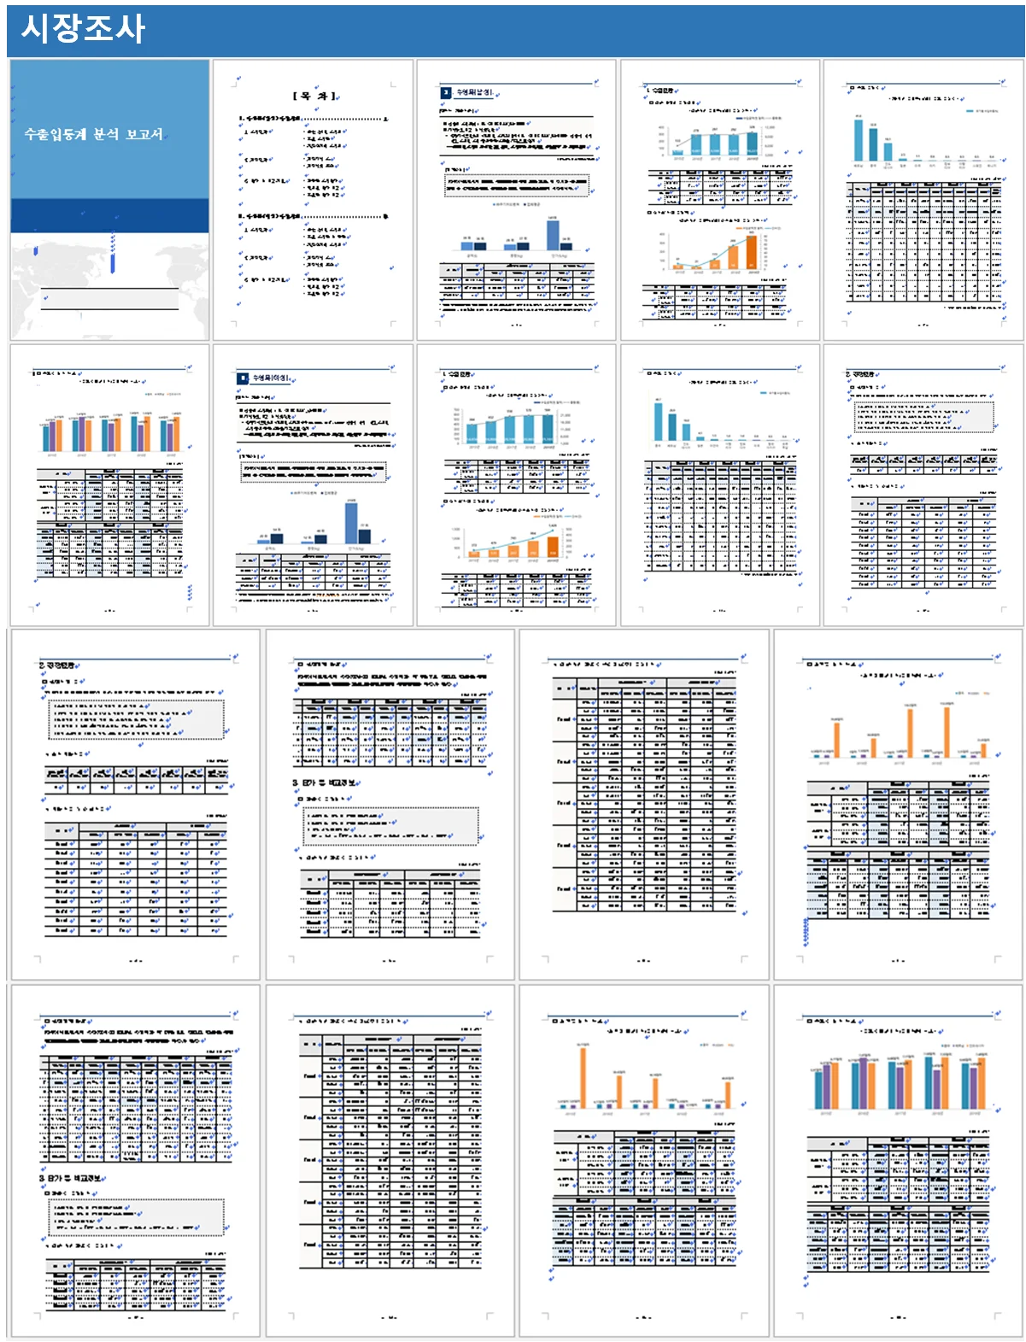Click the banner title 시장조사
(83, 28)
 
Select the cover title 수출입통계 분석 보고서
(93, 134)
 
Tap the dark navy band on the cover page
(109, 215)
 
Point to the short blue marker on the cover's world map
(36, 251)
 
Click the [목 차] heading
(314, 96)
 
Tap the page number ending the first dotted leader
(386, 119)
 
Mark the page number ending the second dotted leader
(386, 217)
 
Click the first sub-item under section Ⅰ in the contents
(258, 132)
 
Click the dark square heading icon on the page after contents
(446, 92)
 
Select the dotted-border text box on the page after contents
(517, 185)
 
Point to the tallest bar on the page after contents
(553, 233)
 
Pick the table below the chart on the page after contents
(517, 282)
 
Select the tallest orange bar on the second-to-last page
(583, 1076)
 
